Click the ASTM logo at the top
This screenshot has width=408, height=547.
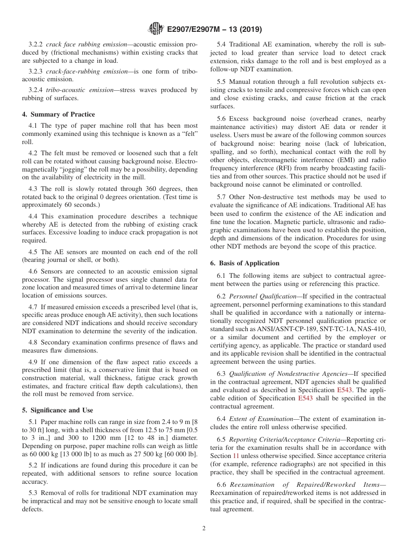coord(155,29)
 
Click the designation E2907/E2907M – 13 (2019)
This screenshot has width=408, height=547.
coord(213,30)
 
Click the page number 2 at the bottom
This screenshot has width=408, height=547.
coord(204,529)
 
